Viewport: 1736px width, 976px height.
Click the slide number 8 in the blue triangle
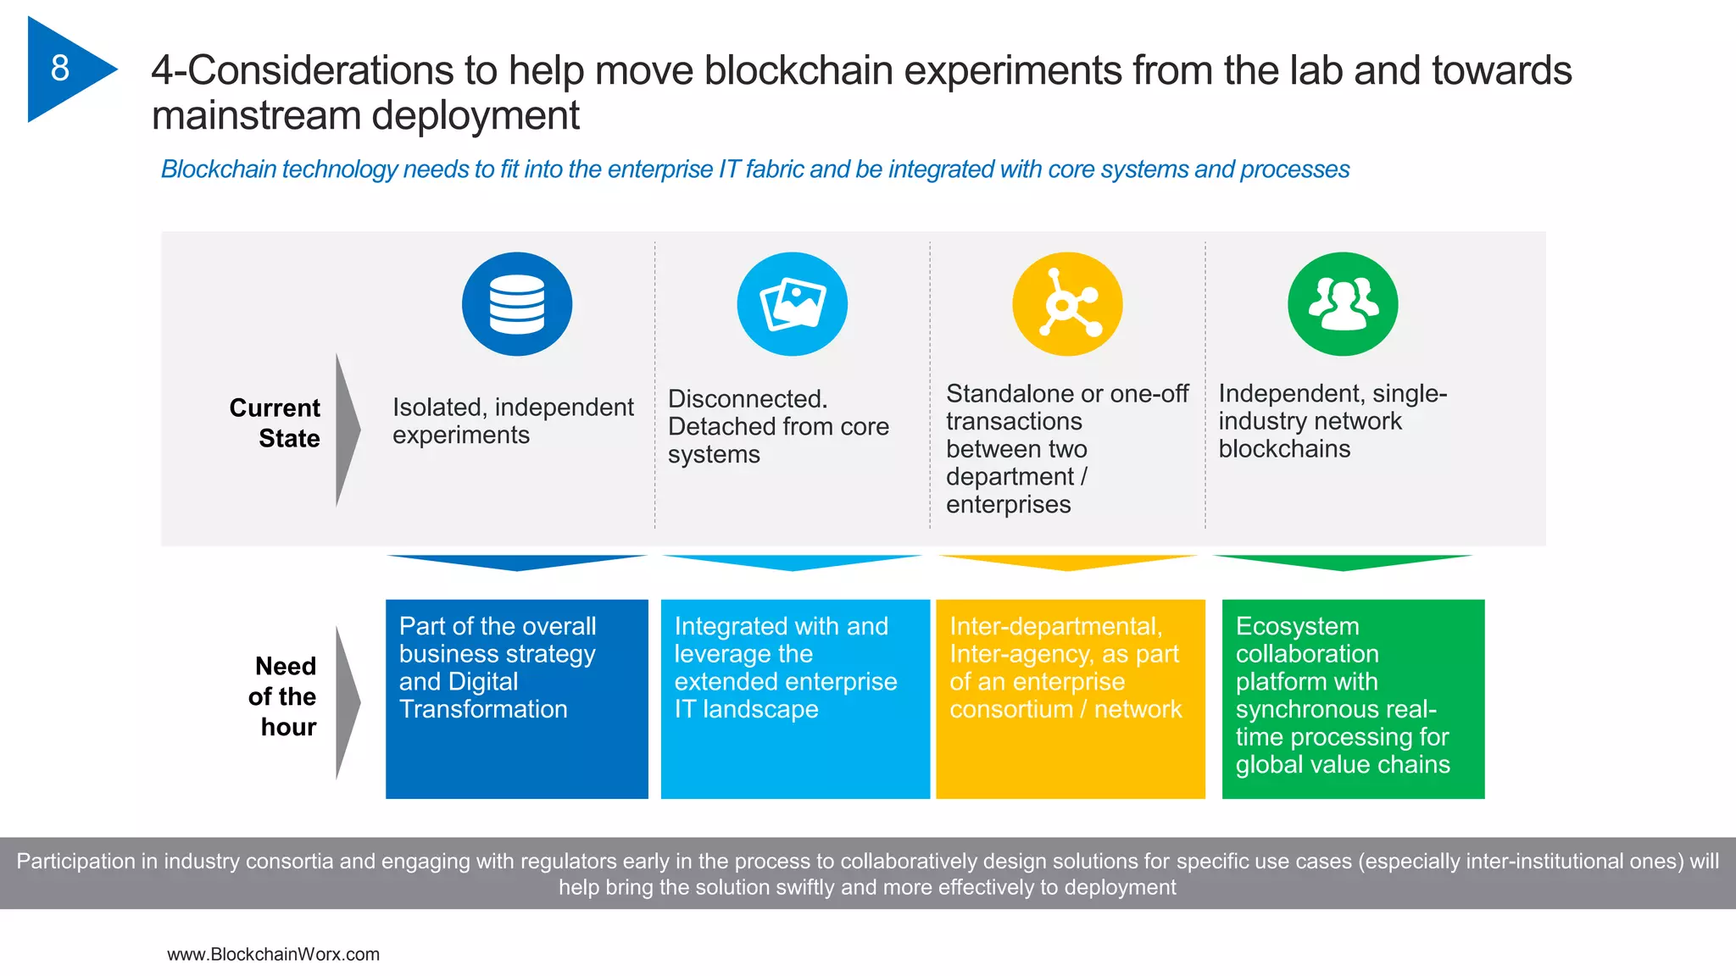click(59, 69)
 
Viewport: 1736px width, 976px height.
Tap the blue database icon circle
click(516, 304)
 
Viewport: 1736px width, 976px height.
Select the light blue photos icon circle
click(792, 304)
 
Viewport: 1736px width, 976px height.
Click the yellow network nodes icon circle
click(1067, 304)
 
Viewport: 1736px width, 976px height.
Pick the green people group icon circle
click(1343, 304)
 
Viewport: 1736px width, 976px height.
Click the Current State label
click(275, 423)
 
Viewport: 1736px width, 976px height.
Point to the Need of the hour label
click(283, 696)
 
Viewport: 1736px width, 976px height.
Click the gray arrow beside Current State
click(347, 430)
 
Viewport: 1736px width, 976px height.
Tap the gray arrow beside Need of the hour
click(347, 702)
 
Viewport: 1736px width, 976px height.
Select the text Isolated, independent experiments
click(512, 421)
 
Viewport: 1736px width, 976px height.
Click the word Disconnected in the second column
click(747, 399)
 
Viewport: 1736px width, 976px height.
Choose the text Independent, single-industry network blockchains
click(1331, 421)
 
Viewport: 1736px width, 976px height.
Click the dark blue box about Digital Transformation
click(516, 699)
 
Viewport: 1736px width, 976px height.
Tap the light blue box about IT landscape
click(794, 699)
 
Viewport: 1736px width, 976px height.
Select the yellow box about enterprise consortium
click(1070, 699)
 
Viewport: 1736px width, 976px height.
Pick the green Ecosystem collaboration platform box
click(1353, 699)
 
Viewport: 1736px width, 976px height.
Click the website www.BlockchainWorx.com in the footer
click(273, 954)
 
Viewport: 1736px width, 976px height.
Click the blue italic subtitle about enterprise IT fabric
click(754, 169)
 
